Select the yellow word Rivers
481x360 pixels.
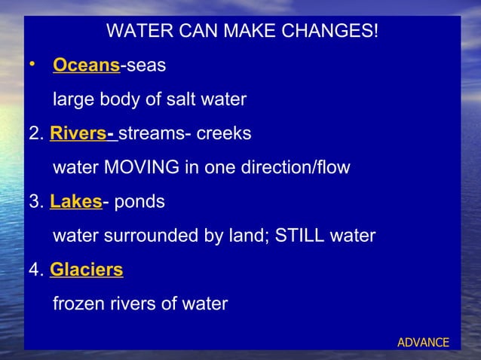tap(78, 134)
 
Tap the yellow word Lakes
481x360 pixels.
tap(75, 202)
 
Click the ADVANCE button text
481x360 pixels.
tap(423, 343)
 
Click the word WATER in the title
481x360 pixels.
tap(138, 32)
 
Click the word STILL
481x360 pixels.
tap(304, 236)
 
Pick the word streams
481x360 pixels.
tap(149, 134)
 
